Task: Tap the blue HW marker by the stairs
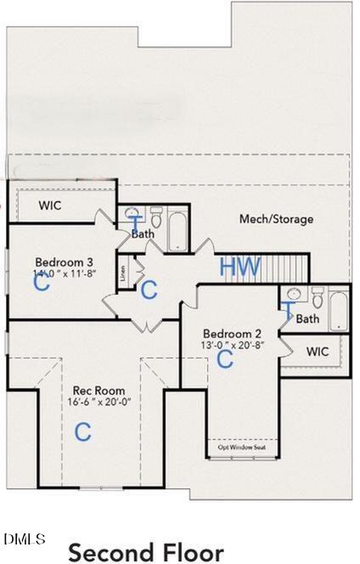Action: (x=240, y=267)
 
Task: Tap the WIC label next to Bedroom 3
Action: (x=50, y=206)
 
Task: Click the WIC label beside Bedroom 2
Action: (x=318, y=351)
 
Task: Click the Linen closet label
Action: (x=123, y=274)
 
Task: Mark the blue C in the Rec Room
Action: (x=82, y=431)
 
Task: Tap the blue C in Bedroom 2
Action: (x=225, y=359)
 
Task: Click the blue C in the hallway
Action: (x=149, y=290)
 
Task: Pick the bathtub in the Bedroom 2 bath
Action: (x=338, y=310)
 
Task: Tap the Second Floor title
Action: (x=146, y=552)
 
